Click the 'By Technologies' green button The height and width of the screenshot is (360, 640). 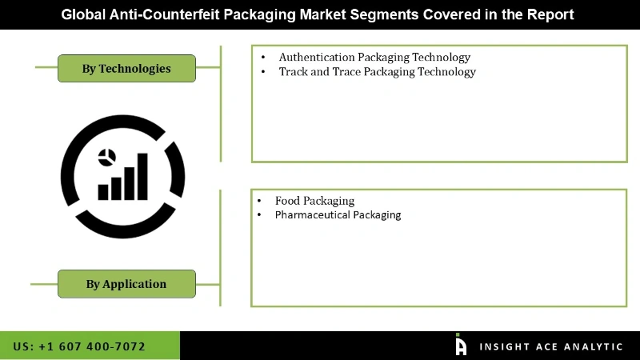[126, 68]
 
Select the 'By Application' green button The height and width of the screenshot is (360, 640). [126, 283]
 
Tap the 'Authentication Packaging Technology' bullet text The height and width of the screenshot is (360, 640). [374, 58]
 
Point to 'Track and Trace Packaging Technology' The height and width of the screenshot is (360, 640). [377, 72]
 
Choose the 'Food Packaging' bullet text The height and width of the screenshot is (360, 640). [314, 201]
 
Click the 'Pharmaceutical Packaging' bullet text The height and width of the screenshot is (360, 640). [338, 215]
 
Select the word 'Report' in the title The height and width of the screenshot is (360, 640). [551, 14]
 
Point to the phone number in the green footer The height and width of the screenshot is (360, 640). [79, 346]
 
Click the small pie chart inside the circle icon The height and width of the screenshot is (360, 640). [105, 156]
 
